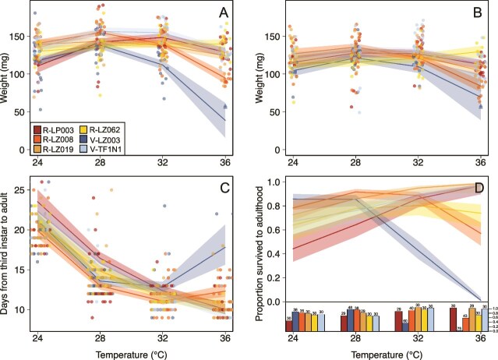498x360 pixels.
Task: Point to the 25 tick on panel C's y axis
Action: pyautogui.click(x=19, y=189)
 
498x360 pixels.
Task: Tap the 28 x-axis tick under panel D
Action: pyautogui.click(x=355, y=340)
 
